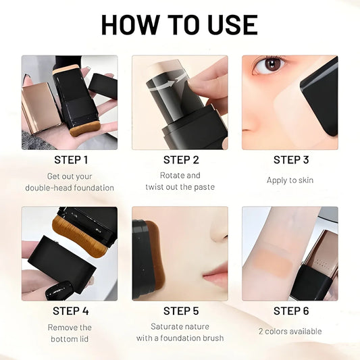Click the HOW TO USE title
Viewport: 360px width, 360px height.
179,25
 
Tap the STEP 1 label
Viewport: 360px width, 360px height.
71,160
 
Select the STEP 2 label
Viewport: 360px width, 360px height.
181,160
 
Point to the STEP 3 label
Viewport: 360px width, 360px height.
291,160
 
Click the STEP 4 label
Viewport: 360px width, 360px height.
71,311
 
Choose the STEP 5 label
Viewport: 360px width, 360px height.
181,311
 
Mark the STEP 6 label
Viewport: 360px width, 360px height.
291,311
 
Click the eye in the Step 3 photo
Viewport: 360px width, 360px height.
271,66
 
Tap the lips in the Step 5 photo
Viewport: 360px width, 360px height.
215,276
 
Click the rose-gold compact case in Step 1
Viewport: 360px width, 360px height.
41,105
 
